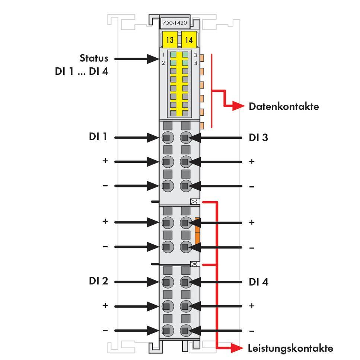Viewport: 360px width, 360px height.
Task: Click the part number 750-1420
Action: point(175,23)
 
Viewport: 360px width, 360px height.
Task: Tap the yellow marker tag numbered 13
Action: point(170,39)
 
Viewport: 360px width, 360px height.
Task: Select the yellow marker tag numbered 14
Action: point(189,39)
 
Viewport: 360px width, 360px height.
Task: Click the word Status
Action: point(94,58)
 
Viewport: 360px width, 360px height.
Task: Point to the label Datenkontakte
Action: point(284,106)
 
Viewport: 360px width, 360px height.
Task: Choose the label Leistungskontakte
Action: point(290,348)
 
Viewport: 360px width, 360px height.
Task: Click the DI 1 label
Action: point(98,136)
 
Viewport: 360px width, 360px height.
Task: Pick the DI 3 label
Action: point(258,137)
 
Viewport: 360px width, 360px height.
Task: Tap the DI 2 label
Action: point(98,281)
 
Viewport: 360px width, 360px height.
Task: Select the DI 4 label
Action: point(259,282)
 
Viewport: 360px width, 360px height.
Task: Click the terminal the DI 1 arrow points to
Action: point(168,138)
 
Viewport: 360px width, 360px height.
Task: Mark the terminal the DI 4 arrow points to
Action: point(186,282)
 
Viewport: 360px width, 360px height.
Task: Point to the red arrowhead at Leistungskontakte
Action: point(236,348)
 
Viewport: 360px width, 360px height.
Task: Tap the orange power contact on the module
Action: point(197,231)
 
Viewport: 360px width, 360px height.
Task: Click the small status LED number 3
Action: point(185,55)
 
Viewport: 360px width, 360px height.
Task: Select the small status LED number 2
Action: point(173,63)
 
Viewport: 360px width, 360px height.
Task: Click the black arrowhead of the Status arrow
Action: point(153,59)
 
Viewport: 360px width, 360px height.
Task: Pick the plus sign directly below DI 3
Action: point(252,161)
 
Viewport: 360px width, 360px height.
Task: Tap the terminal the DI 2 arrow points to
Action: point(168,282)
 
